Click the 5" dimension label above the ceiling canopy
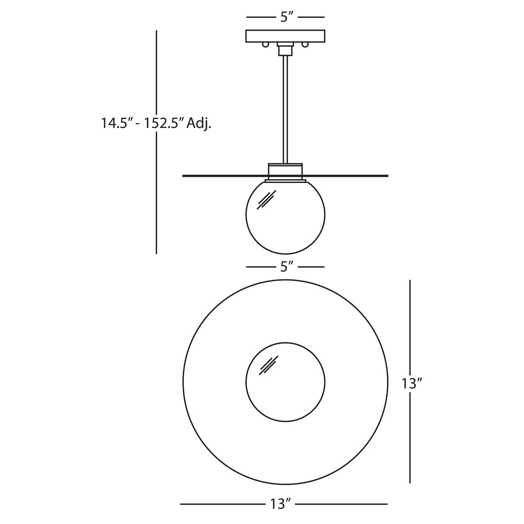pyautogui.click(x=285, y=17)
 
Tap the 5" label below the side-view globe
pyautogui.click(x=285, y=267)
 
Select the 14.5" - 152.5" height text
pyautogui.click(x=143, y=123)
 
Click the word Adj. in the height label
pyautogui.click(x=199, y=123)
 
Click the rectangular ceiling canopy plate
pyautogui.click(x=285, y=36)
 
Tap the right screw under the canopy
pyautogui.click(x=305, y=44)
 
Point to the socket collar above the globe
pyautogui.click(x=285, y=171)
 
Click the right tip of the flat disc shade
pyautogui.click(x=387, y=176)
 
